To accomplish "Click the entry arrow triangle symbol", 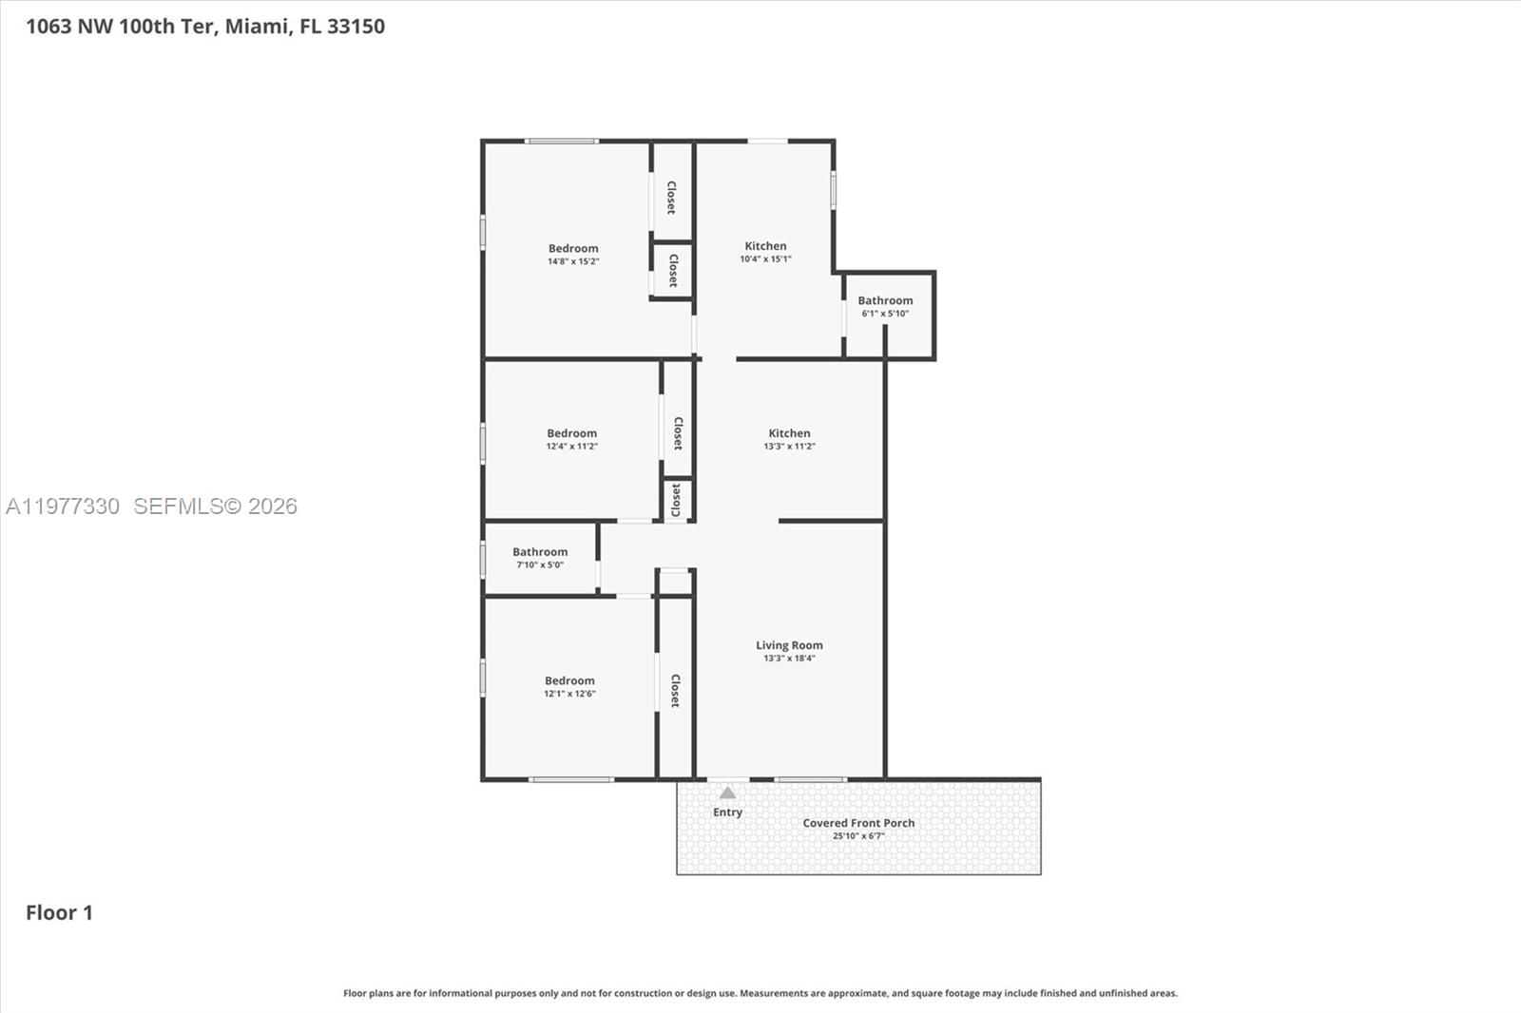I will tap(727, 793).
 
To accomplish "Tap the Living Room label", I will tap(789, 645).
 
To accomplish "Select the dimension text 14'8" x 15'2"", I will tap(573, 261).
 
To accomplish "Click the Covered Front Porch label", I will tap(858, 823).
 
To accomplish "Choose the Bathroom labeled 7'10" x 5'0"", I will tap(540, 552).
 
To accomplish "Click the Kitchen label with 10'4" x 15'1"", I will tap(765, 246).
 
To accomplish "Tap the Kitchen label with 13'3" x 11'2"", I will tap(789, 433).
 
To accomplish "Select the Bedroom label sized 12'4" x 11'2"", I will tap(571, 433).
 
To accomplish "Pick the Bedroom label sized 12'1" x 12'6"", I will tap(569, 681).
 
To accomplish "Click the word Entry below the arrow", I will tap(727, 812).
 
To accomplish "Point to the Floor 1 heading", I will tap(59, 913).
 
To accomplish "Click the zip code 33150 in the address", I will tap(356, 27).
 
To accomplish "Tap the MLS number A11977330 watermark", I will tap(63, 506).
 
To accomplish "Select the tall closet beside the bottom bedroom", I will tap(675, 690).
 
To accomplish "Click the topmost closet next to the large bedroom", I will tap(671, 198).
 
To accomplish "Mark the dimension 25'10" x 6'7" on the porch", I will tap(858, 836).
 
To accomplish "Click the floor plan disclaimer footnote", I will tap(760, 993).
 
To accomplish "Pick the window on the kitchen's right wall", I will tap(834, 189).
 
